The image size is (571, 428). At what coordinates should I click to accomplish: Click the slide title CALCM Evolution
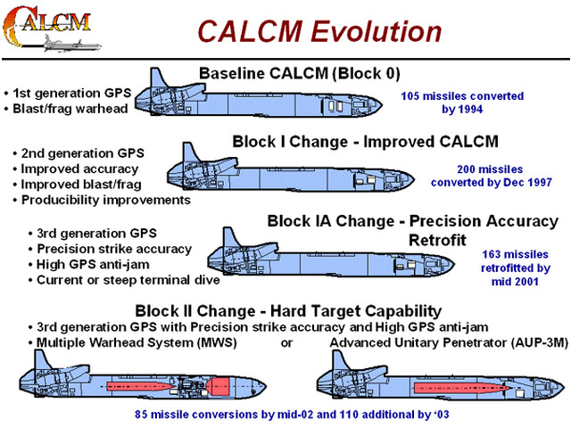[x=319, y=31]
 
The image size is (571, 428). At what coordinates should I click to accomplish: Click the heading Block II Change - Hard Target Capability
[x=288, y=311]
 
